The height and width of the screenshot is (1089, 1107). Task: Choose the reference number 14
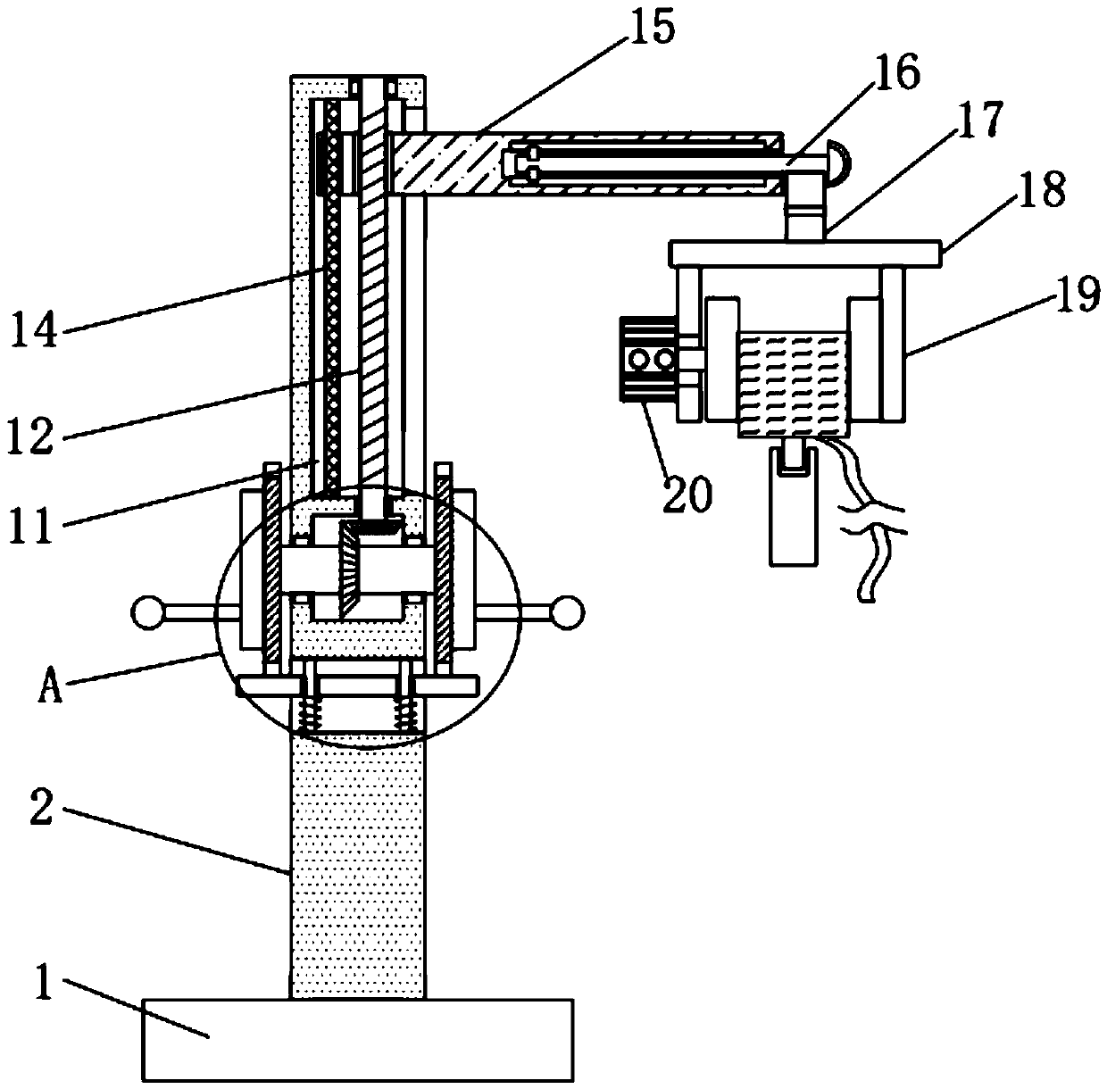[35, 329]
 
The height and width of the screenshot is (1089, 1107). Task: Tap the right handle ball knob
[568, 612]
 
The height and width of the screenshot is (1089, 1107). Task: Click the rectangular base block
[357, 1039]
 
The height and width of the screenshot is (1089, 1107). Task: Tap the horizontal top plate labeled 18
[804, 253]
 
